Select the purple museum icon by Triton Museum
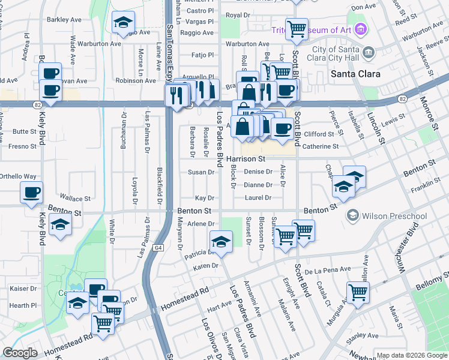[360, 28]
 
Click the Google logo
[20, 353]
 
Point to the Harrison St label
[246, 159]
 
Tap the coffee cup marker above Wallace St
[31, 192]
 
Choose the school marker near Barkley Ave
[123, 23]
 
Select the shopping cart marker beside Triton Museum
[297, 28]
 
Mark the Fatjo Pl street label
[202, 55]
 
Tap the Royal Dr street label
[238, 14]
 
